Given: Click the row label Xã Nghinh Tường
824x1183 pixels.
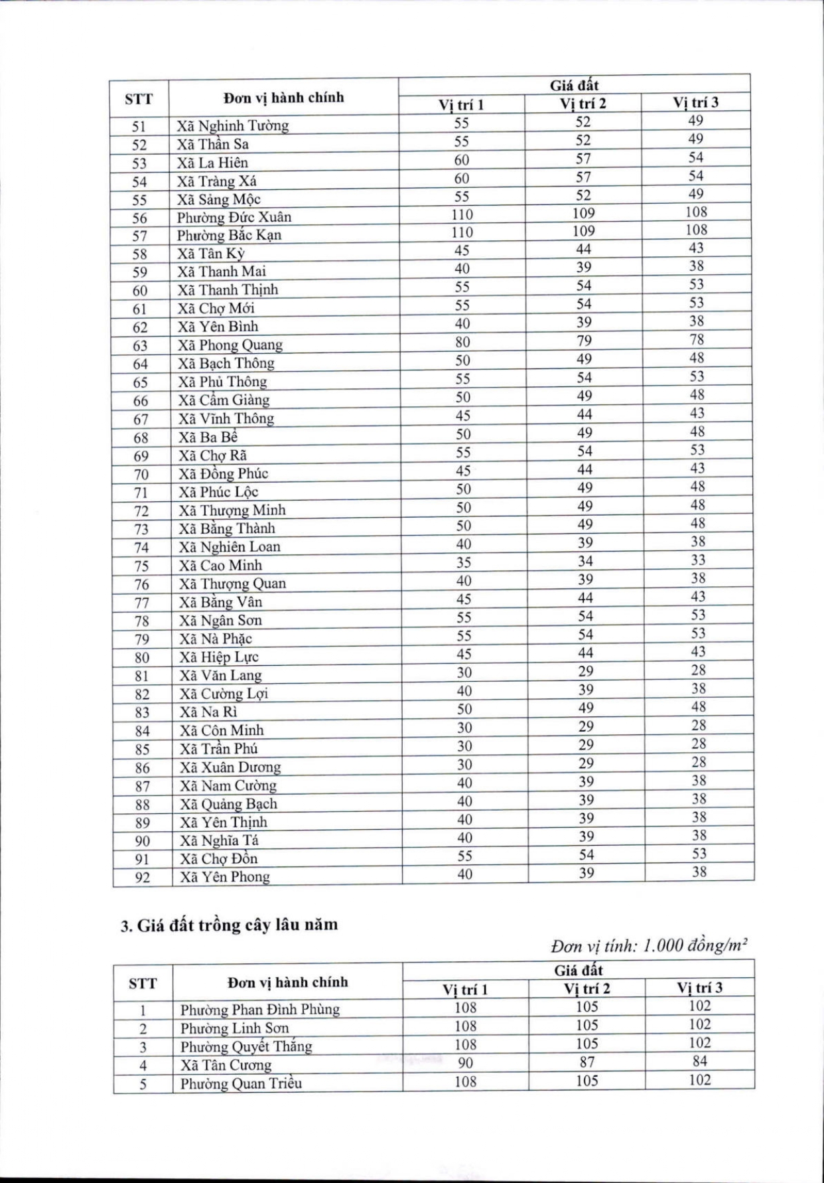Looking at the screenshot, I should click(x=232, y=125).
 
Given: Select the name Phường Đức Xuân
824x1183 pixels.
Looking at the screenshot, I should click(x=234, y=217).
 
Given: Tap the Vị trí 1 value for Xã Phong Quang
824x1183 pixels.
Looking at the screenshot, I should click(x=462, y=342).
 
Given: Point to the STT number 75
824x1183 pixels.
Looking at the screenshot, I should click(x=141, y=566).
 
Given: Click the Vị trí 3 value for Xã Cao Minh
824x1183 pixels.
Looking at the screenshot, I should click(x=697, y=560).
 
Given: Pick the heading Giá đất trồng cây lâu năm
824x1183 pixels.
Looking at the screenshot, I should click(x=229, y=925).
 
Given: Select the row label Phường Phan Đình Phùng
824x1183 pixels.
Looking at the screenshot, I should click(x=259, y=1010).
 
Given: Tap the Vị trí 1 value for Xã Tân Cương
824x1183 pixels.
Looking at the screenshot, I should click(x=465, y=1063).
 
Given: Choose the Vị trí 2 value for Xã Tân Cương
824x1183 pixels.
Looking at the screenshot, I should click(x=586, y=1062).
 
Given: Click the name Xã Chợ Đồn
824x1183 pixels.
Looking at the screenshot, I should click(x=219, y=858).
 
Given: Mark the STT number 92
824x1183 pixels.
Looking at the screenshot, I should click(x=143, y=878).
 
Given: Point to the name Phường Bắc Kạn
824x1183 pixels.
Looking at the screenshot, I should click(x=229, y=235).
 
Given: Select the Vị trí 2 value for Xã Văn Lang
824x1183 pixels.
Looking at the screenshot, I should click(x=585, y=671).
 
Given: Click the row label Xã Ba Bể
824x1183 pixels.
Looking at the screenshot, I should click(x=208, y=437).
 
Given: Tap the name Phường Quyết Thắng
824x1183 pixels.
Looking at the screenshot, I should click(x=245, y=1047).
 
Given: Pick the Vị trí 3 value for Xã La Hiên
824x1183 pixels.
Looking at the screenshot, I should click(x=695, y=157).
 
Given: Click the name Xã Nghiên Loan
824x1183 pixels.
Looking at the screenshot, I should click(x=230, y=547).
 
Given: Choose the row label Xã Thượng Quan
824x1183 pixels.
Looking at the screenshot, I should click(x=232, y=584).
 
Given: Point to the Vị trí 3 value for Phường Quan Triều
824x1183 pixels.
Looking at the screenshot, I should click(x=699, y=1080).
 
